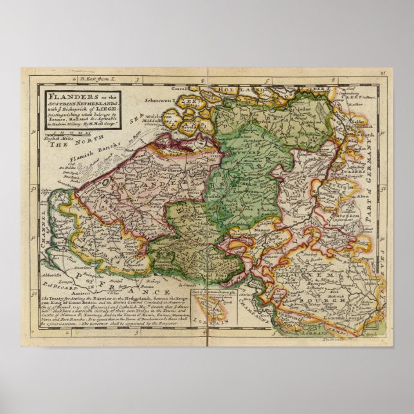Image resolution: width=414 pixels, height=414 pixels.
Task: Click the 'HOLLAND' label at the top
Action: point(244,90)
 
